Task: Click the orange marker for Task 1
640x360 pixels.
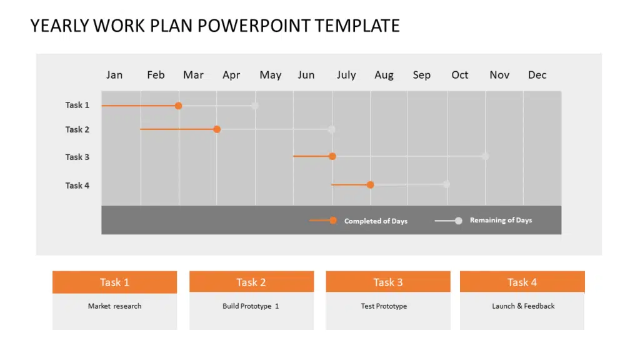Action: pos(178,106)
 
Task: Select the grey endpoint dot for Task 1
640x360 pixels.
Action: pos(254,106)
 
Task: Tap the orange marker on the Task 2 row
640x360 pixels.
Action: pos(217,129)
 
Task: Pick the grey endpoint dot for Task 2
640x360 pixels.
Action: pos(332,129)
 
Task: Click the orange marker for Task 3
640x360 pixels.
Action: pos(332,156)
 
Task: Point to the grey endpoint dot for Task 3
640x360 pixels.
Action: pos(485,156)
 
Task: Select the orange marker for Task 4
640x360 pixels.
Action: pos(371,185)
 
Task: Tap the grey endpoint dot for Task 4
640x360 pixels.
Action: pos(446,184)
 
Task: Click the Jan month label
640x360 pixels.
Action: pos(114,75)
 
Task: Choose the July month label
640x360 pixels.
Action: pos(346,75)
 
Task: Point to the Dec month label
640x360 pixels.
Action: pos(537,75)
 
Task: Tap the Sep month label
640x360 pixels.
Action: pos(422,75)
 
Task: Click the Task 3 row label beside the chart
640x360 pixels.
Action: pos(77,157)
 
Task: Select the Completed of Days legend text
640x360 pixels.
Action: pos(376,221)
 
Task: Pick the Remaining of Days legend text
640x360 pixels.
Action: pos(501,221)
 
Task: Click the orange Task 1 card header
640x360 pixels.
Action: pos(114,282)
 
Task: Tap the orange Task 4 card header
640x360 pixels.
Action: pos(522,282)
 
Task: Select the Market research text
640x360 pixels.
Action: pos(114,306)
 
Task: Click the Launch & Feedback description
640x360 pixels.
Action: pos(523,306)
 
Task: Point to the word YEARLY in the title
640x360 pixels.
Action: pos(59,26)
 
